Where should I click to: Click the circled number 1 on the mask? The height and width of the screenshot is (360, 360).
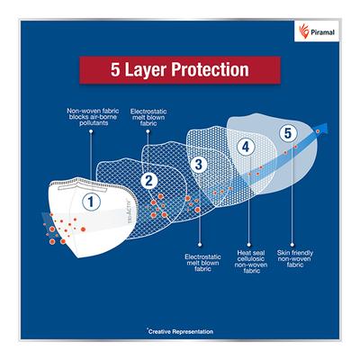click(91, 202)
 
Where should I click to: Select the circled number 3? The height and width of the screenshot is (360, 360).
click(199, 164)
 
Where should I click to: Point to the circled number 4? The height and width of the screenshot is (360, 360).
click(246, 147)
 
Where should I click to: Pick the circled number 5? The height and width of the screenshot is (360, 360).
click(287, 133)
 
